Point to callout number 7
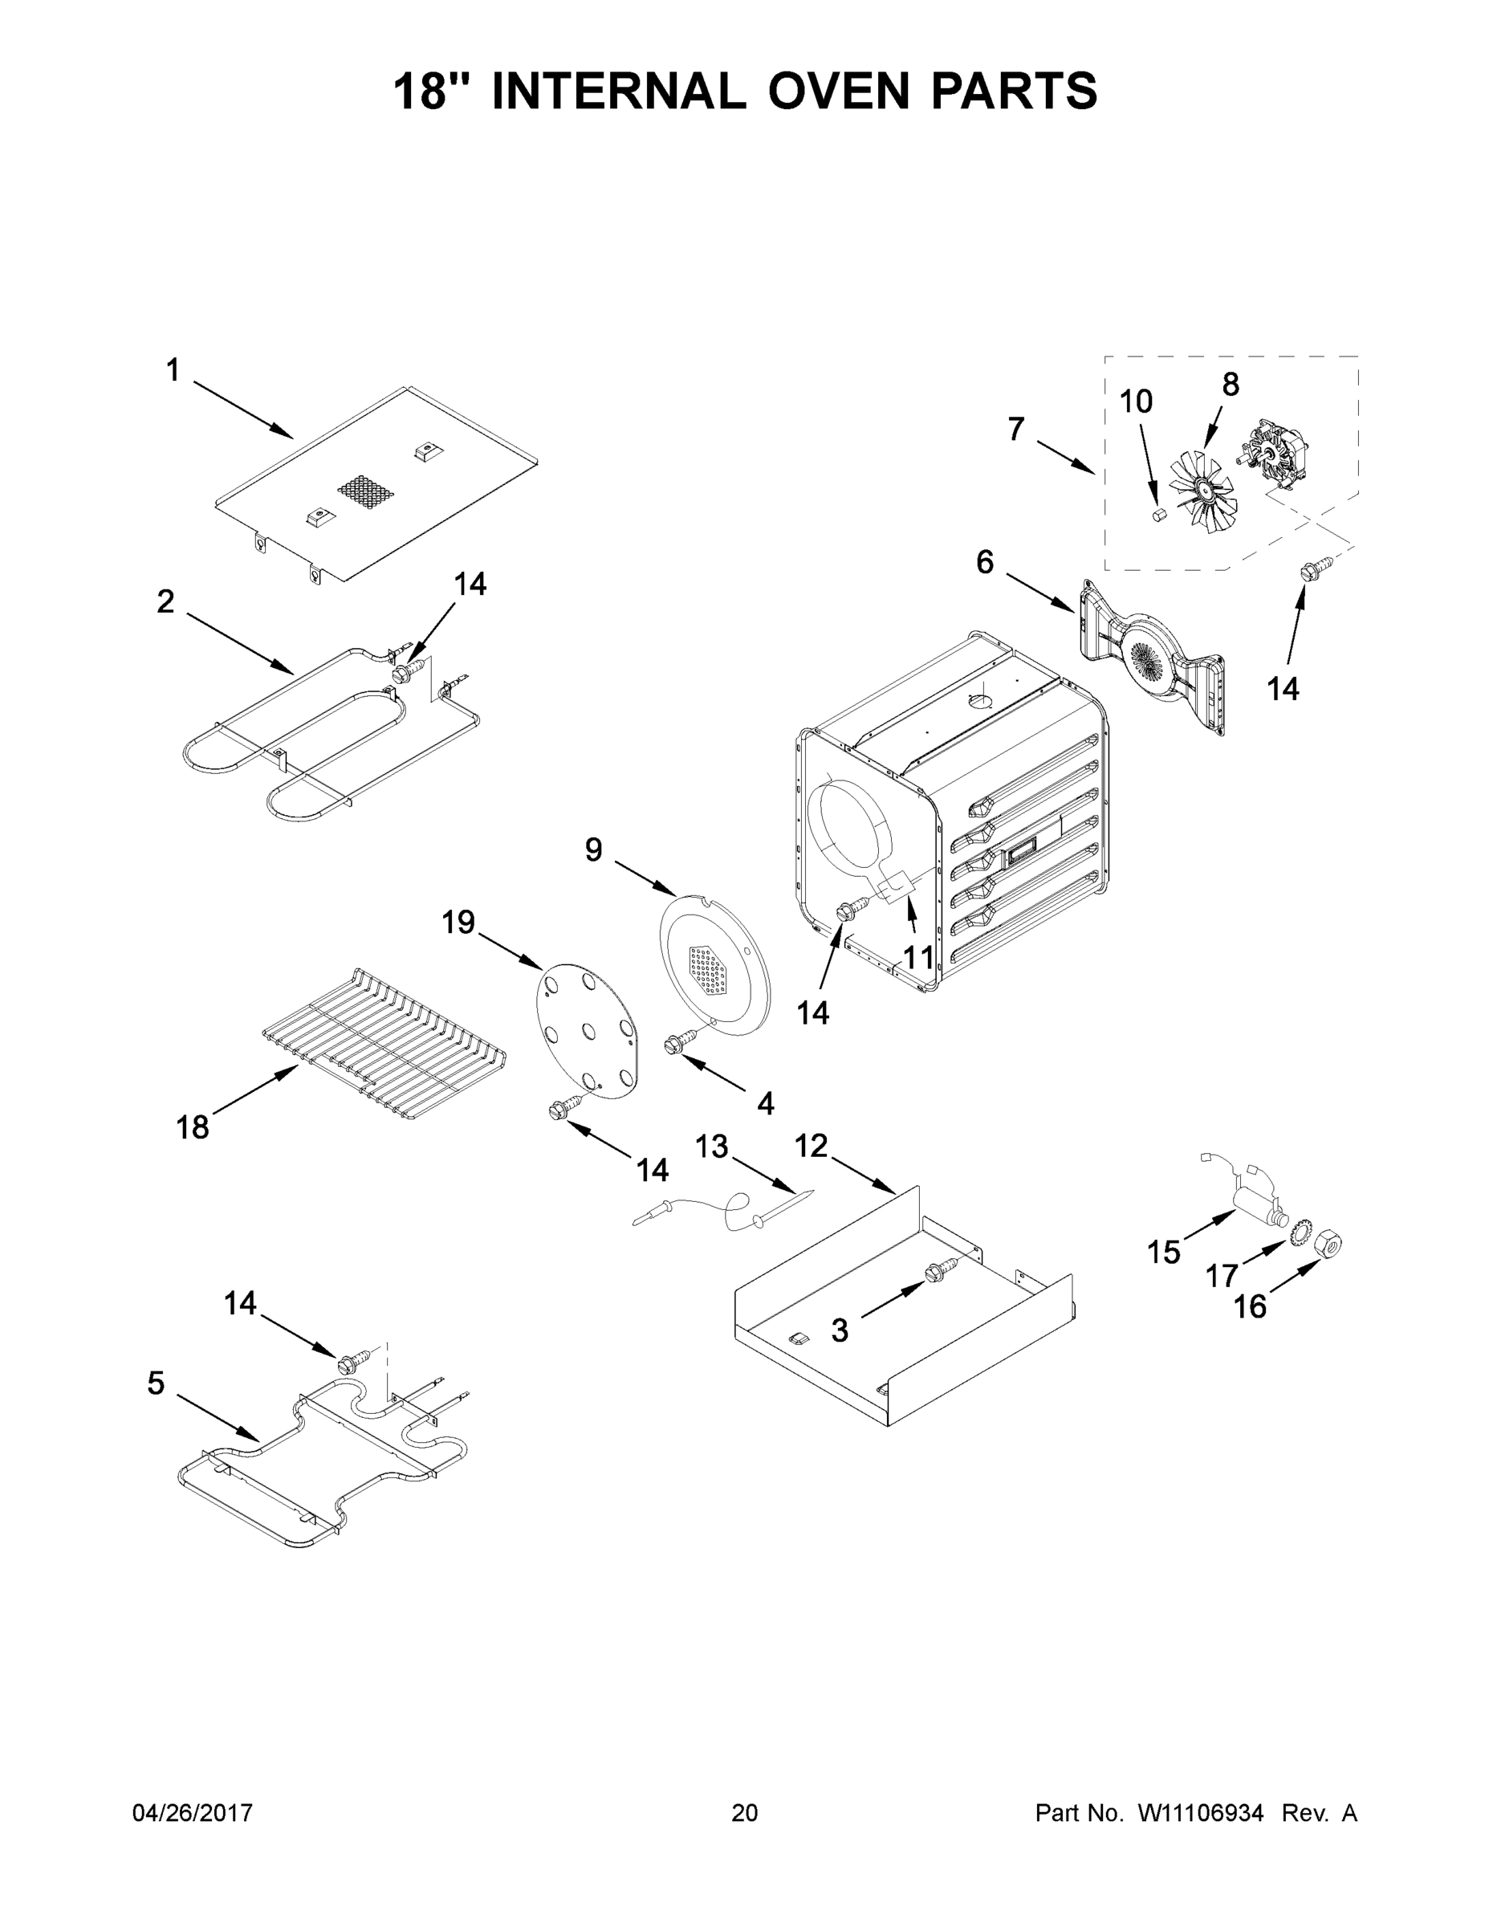click(1016, 430)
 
